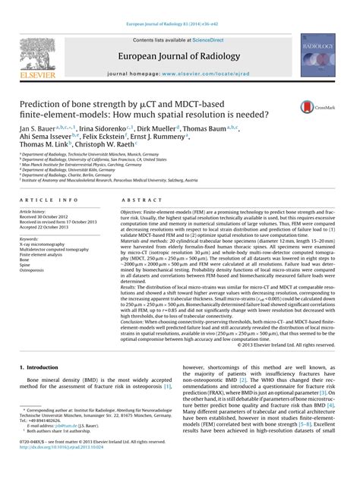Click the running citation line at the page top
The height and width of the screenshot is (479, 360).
pyautogui.click(x=179, y=5)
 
